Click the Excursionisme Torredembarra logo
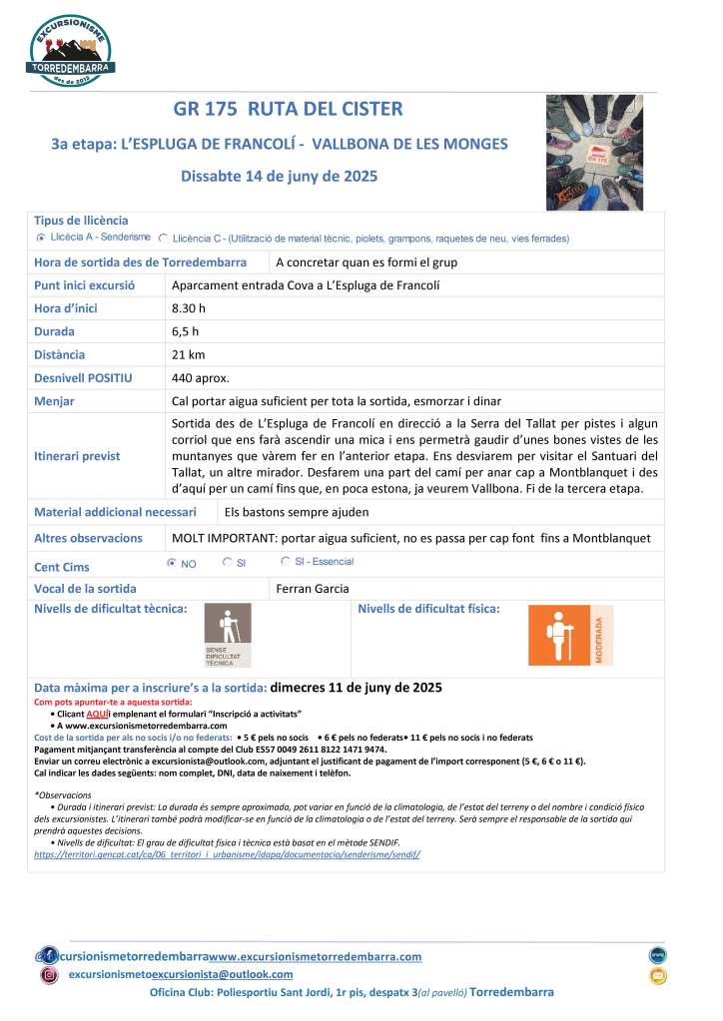pyautogui.click(x=72, y=50)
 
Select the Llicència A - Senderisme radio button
pyautogui.click(x=41, y=239)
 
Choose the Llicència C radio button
pyautogui.click(x=163, y=239)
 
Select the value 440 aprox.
pyautogui.click(x=201, y=378)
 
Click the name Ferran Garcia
pyautogui.click(x=313, y=589)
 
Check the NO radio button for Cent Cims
pyautogui.click(x=172, y=563)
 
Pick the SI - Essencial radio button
pyautogui.click(x=287, y=562)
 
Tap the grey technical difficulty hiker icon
pyautogui.click(x=228, y=635)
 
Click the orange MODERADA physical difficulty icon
pyautogui.click(x=570, y=635)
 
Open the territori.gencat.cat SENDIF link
pyautogui.click(x=228, y=854)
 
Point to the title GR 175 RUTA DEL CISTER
pyautogui.click(x=289, y=109)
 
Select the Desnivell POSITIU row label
pyautogui.click(x=83, y=378)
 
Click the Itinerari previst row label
pyautogui.click(x=77, y=456)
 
